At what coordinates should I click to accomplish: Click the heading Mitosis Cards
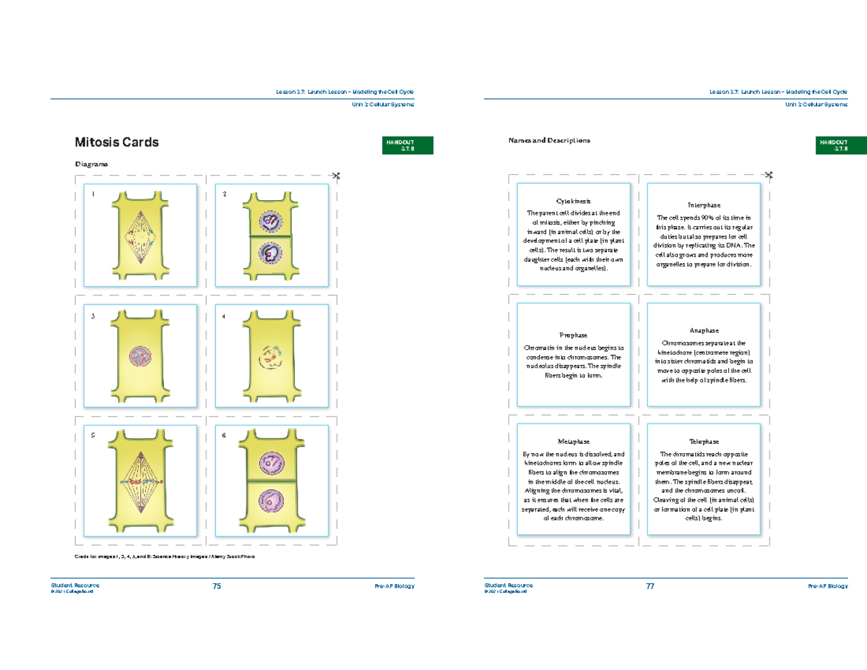pyautogui.click(x=117, y=142)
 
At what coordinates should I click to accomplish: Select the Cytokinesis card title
pyautogui.click(x=574, y=201)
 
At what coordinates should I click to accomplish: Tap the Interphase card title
pyautogui.click(x=703, y=206)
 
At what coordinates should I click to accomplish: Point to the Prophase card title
pyautogui.click(x=574, y=335)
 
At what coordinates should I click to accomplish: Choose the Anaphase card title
pyautogui.click(x=703, y=330)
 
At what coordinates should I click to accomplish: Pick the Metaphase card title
pyautogui.click(x=574, y=442)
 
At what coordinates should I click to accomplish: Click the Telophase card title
pyautogui.click(x=703, y=442)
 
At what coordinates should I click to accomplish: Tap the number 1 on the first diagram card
pyautogui.click(x=92, y=194)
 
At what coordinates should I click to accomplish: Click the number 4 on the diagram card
pyautogui.click(x=223, y=316)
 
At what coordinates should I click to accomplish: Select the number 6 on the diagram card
pyautogui.click(x=223, y=436)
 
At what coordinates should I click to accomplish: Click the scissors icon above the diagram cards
pyautogui.click(x=335, y=175)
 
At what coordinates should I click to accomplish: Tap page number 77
pyautogui.click(x=650, y=586)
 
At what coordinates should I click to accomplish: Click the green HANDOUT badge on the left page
pyautogui.click(x=408, y=145)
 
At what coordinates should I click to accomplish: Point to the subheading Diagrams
pyautogui.click(x=92, y=164)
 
